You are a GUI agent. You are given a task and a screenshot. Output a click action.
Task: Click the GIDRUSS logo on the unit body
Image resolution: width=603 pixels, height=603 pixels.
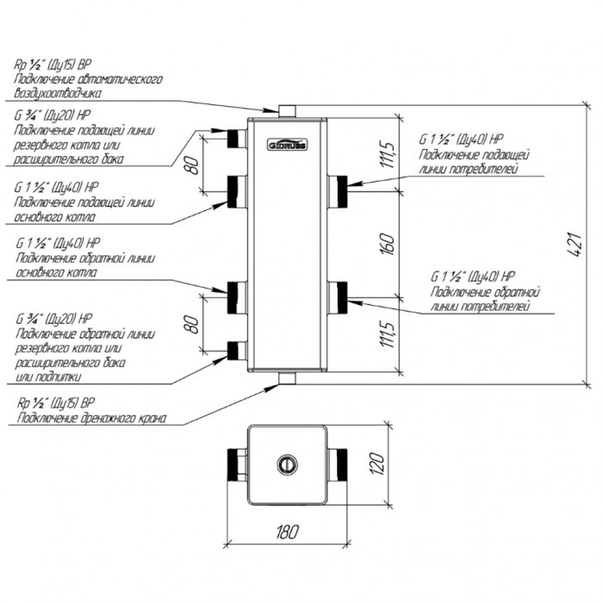point(287,144)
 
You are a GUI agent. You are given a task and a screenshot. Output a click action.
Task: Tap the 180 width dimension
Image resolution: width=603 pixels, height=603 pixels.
point(287,532)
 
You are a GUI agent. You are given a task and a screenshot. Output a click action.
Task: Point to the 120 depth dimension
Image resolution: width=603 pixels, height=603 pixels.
point(378,463)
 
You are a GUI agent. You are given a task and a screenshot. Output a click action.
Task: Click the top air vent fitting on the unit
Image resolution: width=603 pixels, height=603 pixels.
point(287,111)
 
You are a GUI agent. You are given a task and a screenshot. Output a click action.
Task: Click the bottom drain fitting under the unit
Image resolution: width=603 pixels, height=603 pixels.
point(287,378)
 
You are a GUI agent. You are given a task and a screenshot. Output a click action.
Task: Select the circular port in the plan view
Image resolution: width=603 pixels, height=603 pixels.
point(287,464)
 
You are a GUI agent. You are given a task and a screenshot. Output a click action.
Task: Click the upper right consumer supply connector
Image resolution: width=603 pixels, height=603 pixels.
point(338,191)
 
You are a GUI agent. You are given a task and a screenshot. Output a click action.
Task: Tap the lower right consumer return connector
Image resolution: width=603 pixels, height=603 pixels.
point(338,297)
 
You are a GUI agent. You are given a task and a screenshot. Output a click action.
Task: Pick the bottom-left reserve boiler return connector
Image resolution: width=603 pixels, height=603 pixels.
point(237,351)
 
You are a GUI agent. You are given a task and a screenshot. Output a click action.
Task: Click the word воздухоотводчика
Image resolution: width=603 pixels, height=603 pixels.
point(58,93)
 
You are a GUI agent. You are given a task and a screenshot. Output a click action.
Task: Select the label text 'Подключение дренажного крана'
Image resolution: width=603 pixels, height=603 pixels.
point(91,418)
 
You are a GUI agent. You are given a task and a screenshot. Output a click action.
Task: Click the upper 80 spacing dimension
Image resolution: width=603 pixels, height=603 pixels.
point(194,165)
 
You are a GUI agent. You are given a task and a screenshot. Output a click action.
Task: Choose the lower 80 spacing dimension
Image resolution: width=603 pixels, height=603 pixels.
point(194,324)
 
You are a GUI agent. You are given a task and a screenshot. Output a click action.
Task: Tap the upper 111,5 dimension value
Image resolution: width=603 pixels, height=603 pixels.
point(388,154)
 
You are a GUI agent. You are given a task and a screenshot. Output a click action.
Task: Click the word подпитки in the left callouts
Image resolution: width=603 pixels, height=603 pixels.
point(59,377)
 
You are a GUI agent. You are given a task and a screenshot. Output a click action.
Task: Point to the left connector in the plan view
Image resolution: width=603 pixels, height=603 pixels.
point(237,464)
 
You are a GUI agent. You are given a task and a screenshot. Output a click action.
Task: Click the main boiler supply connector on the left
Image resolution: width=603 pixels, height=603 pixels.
point(237,191)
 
